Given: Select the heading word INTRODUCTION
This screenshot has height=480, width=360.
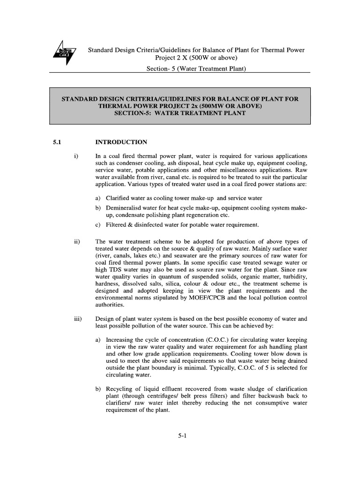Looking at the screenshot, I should tap(121, 142).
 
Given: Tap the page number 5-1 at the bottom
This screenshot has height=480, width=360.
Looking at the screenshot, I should tap(182, 436).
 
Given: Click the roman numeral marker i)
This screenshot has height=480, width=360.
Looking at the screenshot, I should tap(76, 156).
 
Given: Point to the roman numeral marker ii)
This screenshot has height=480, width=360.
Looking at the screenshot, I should tap(77, 241).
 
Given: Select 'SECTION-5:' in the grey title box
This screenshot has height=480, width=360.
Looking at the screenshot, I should tap(138, 113).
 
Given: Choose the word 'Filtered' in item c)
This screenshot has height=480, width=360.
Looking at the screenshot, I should tap(118, 225).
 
